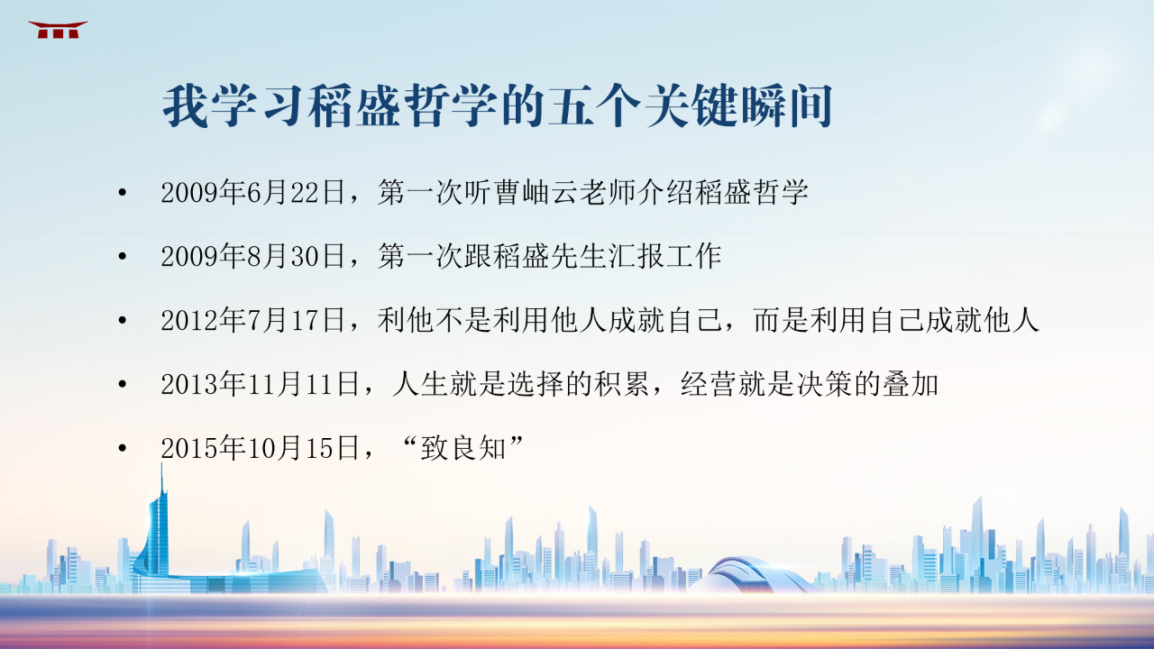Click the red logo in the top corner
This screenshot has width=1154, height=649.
58,30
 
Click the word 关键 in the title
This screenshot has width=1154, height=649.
691,106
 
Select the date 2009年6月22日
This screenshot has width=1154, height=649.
252,192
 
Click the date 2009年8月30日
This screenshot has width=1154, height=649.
252,256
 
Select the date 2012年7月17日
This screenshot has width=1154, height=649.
252,320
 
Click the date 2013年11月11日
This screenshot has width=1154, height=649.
260,384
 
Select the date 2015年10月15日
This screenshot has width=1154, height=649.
260,448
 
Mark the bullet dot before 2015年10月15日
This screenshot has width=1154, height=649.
122,448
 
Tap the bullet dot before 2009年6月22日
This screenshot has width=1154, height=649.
122,193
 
